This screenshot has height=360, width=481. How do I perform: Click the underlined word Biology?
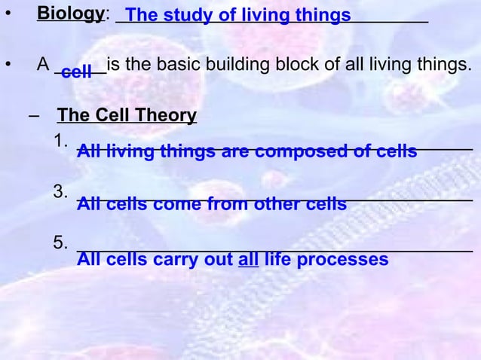[x=70, y=14]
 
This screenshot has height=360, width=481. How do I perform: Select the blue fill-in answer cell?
[x=76, y=72]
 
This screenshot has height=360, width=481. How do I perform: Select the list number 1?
[x=61, y=140]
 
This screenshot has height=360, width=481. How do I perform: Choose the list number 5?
[x=61, y=243]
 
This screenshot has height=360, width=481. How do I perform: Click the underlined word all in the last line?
[x=248, y=261]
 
